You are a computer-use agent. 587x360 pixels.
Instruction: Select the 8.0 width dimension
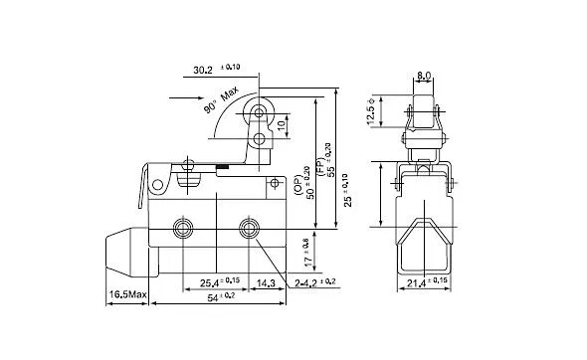pos(424,74)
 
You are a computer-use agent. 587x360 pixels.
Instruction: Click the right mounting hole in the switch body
pos(249,228)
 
